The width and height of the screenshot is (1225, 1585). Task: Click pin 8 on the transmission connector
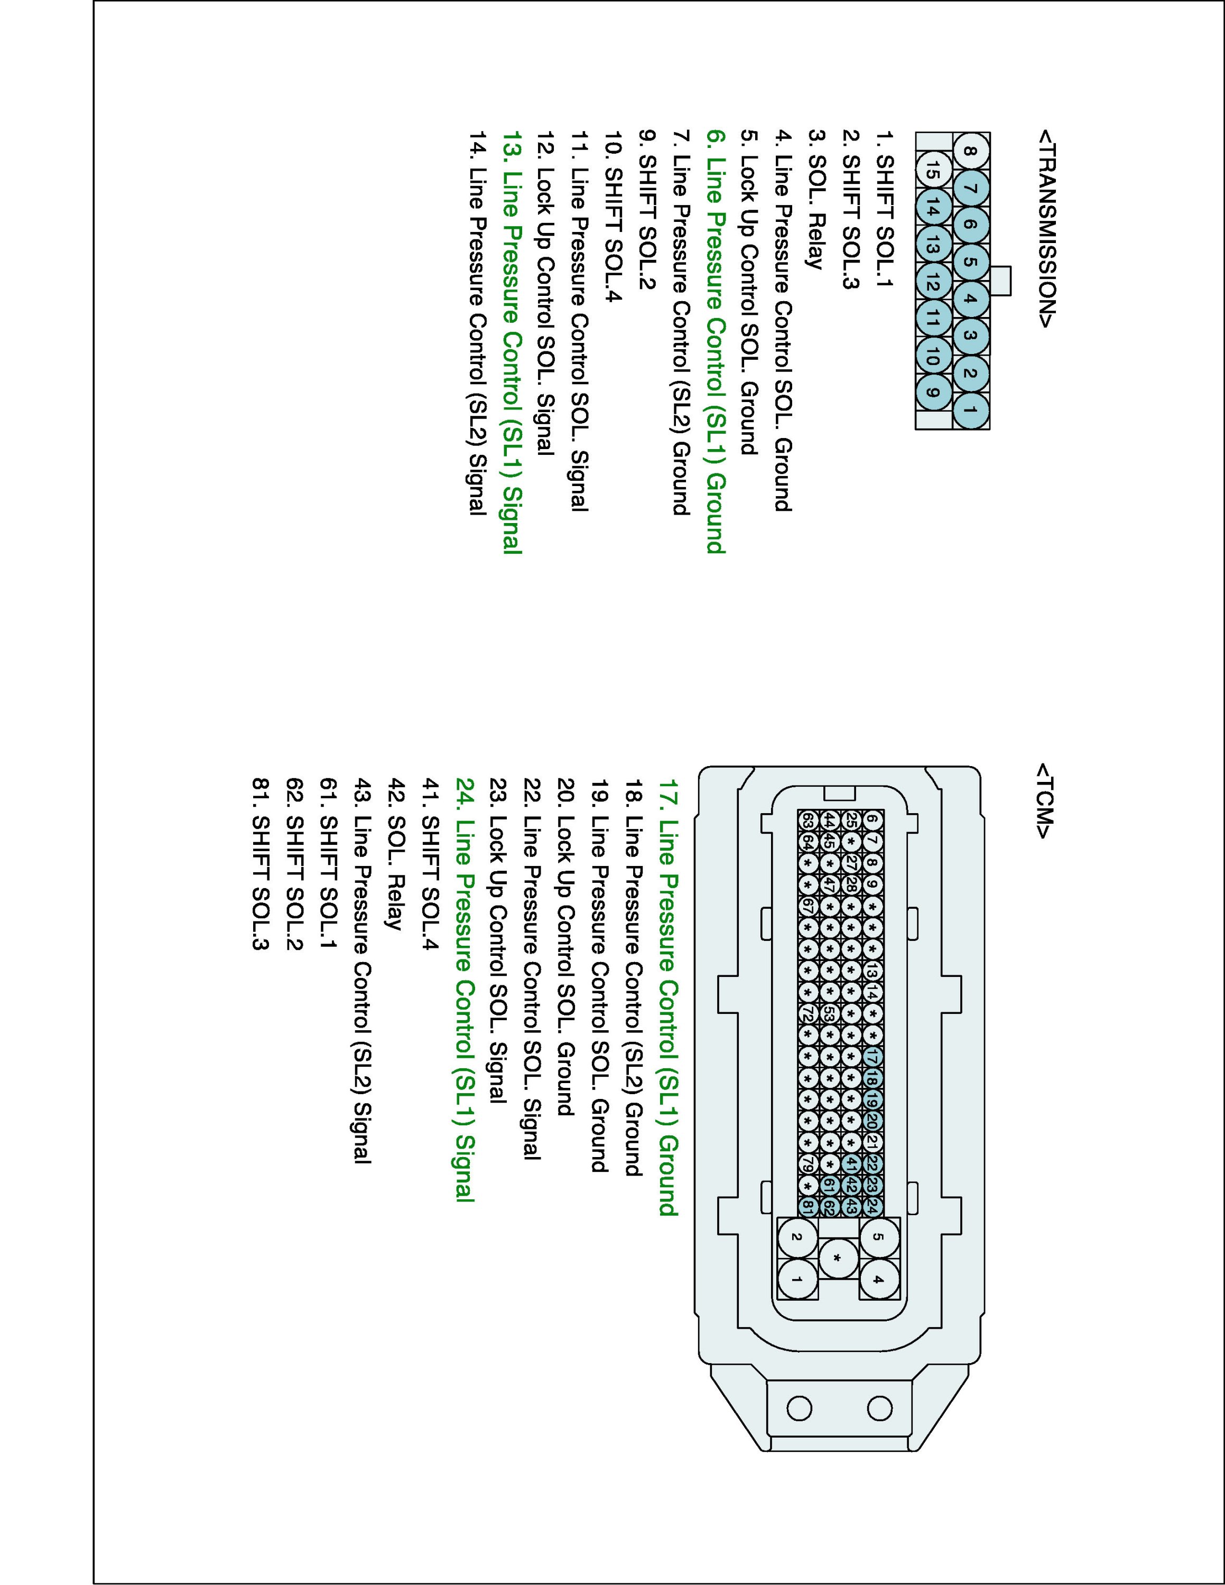[971, 152]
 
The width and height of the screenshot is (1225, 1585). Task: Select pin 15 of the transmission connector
[934, 172]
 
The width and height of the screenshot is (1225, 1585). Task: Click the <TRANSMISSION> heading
[1046, 229]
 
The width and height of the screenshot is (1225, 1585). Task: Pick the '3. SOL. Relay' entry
[817, 200]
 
